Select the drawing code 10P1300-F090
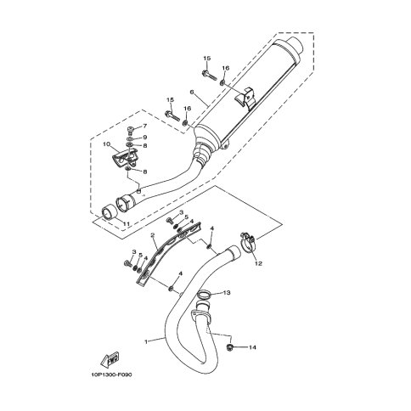coord(111,375)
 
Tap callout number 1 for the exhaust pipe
coord(146,342)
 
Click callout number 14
coord(252,347)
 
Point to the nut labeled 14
coord(230,347)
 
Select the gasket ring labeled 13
coord(205,295)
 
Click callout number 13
coord(227,292)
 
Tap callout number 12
coord(258,263)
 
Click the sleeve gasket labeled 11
coord(109,213)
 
